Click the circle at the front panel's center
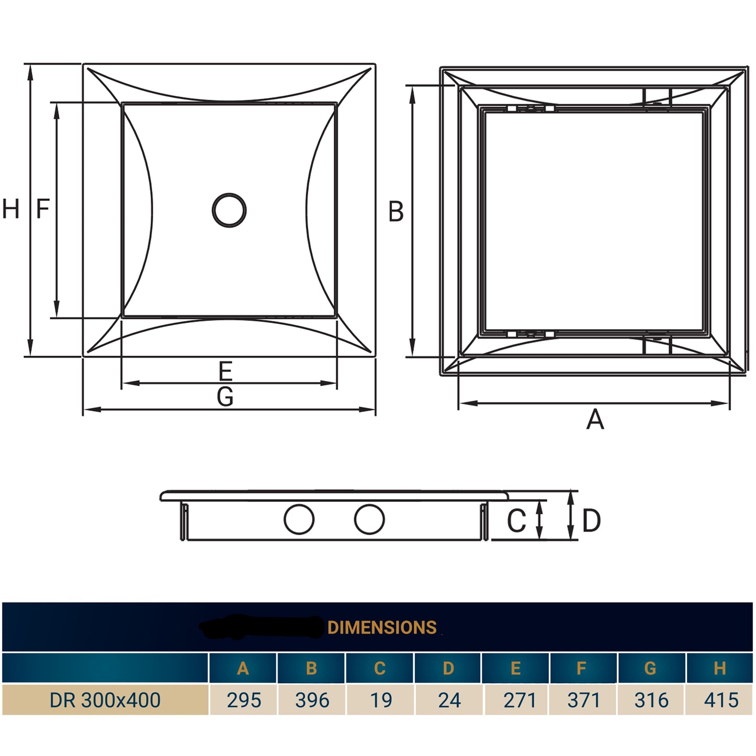click(x=229, y=210)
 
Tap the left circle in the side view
click(x=299, y=520)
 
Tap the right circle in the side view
click(x=369, y=520)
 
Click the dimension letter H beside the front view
click(x=10, y=209)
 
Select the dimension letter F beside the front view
click(x=42, y=209)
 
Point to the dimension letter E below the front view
click(x=225, y=371)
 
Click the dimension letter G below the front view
click(x=225, y=397)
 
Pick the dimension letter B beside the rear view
click(x=396, y=212)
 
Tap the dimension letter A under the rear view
click(x=595, y=420)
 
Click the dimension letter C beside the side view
click(x=516, y=521)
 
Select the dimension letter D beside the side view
click(x=591, y=521)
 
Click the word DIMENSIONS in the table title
click(x=382, y=627)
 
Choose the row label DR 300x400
click(x=105, y=700)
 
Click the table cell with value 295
click(x=243, y=700)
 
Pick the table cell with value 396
click(x=312, y=700)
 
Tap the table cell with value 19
click(x=380, y=700)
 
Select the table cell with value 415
click(x=720, y=700)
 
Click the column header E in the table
click(x=515, y=668)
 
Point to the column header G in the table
click(x=650, y=668)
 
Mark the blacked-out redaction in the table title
click(x=262, y=627)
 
